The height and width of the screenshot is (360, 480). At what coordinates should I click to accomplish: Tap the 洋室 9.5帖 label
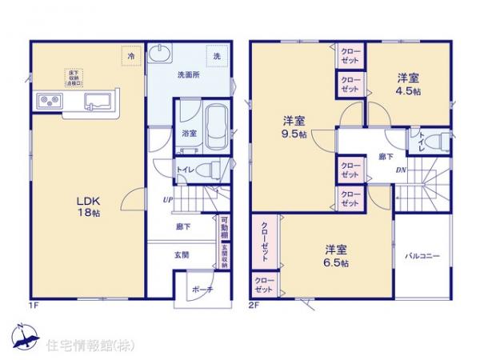click(x=294, y=127)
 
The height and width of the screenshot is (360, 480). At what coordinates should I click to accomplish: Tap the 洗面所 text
click(x=188, y=76)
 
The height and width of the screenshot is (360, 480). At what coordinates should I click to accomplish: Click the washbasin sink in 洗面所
click(x=162, y=54)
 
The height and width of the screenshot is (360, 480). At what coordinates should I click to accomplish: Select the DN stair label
click(x=401, y=172)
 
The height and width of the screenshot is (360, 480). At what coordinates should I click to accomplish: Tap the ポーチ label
click(x=203, y=290)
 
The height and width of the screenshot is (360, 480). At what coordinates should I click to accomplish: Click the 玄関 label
click(x=182, y=255)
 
